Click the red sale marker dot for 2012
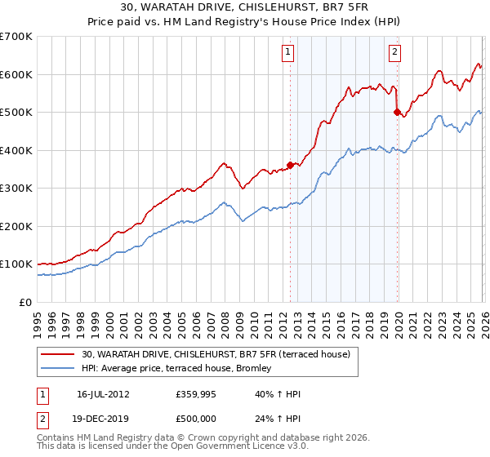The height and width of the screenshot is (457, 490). pyautogui.click(x=290, y=166)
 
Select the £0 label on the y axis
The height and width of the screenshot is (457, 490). pyautogui.click(x=26, y=302)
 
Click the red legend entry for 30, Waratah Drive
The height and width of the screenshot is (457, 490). pyautogui.click(x=216, y=354)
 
